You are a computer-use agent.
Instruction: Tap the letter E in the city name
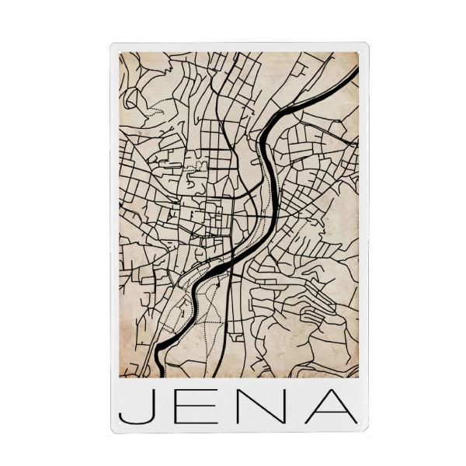(202, 406)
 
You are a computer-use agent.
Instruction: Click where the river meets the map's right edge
(358, 71)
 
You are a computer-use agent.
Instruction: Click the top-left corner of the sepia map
(119, 53)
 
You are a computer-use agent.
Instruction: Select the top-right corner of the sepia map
(359, 53)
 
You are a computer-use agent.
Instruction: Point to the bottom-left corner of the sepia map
(119, 377)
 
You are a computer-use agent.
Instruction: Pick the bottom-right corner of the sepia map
(359, 377)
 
